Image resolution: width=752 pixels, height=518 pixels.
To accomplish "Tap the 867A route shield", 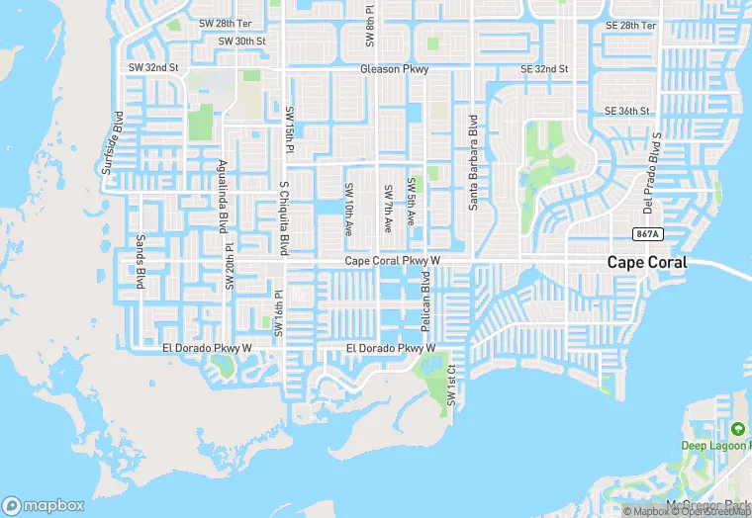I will click(646, 233).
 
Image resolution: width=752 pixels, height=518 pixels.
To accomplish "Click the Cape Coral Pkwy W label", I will click(391, 261).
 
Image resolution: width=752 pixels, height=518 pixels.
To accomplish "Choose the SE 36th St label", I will click(627, 111).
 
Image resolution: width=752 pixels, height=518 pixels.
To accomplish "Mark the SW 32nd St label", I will click(153, 67).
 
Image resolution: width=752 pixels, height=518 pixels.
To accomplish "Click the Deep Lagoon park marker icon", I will click(738, 429).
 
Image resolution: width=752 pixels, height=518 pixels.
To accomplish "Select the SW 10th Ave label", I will click(349, 209).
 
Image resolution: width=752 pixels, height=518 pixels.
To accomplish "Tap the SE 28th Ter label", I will click(630, 25).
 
